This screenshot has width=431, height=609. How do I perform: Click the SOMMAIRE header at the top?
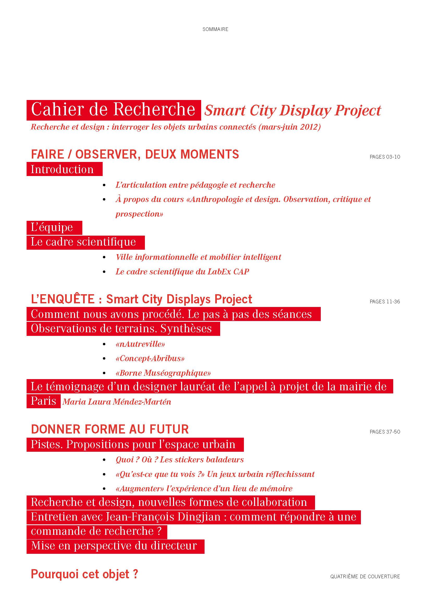(x=215, y=29)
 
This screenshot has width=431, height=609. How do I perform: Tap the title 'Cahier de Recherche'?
(x=113, y=110)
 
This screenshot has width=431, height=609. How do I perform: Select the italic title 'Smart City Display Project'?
(x=292, y=110)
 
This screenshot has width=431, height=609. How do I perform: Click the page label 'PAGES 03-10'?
(x=385, y=157)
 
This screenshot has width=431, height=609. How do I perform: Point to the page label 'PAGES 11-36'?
(x=385, y=302)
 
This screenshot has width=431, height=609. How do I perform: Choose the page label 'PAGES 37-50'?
(x=385, y=432)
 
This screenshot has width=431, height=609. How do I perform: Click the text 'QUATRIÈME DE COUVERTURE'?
(x=365, y=576)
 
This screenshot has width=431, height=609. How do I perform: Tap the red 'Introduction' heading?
(x=62, y=169)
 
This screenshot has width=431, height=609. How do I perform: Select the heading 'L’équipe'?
(x=52, y=227)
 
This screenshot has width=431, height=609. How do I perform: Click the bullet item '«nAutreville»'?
(x=140, y=344)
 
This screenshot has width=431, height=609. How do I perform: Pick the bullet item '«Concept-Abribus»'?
(x=150, y=358)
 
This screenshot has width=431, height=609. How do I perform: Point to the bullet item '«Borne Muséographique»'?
(x=163, y=373)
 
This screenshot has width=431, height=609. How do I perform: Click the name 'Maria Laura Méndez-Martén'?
(x=117, y=402)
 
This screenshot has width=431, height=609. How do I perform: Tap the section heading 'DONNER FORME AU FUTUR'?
(x=110, y=429)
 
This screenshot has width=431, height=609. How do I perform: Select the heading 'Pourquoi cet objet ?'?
(x=84, y=574)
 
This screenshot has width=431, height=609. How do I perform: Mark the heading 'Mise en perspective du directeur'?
(x=114, y=546)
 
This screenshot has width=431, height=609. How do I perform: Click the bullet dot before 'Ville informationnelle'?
(x=104, y=257)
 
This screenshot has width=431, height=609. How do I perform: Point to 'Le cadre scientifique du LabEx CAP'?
(x=182, y=272)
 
